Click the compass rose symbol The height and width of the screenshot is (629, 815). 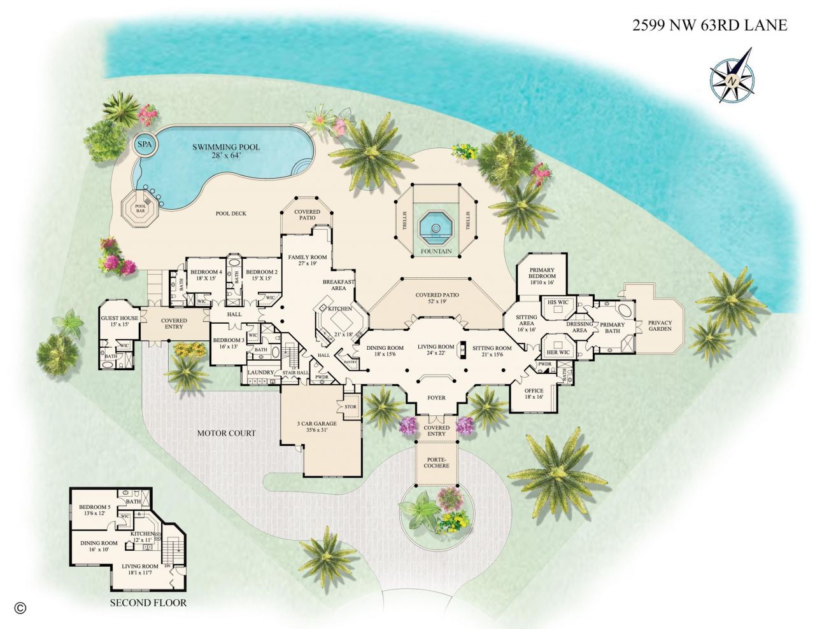732,81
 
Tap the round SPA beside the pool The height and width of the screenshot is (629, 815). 145,145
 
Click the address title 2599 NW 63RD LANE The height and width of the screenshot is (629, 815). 709,25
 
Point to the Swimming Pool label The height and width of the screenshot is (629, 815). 226,151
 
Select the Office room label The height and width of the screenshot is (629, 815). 534,392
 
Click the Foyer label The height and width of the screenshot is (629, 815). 436,397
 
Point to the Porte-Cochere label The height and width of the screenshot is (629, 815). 436,461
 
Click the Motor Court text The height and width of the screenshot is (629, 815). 226,433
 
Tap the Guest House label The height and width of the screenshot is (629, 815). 120,321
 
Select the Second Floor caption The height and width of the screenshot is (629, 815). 148,602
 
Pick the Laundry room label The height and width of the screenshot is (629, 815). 260,372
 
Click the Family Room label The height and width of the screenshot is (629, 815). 307,260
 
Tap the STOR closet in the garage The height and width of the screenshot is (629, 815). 350,407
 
